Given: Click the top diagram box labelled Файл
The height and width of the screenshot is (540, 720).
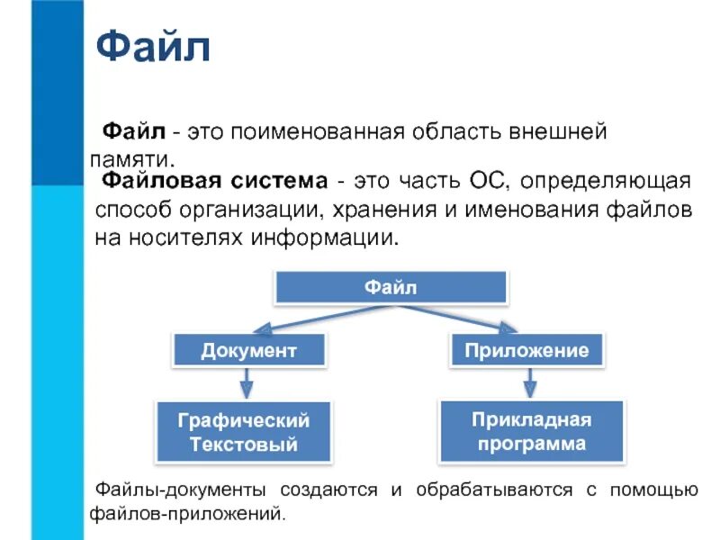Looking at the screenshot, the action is point(391,288).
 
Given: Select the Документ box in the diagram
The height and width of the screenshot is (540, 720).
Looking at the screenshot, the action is point(248,349).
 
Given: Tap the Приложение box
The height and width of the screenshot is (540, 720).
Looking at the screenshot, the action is point(526,349).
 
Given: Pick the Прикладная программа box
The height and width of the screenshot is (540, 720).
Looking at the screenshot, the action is point(532,431).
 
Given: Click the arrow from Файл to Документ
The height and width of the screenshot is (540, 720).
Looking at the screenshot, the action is point(306,319).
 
